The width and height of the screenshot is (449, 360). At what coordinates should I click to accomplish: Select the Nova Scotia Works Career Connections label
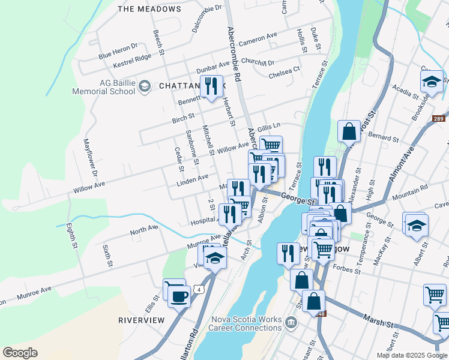[x=245, y=323]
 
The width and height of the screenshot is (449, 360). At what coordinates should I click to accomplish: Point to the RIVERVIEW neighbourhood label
[x=141, y=320]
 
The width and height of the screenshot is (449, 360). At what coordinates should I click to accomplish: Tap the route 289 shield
[x=439, y=119]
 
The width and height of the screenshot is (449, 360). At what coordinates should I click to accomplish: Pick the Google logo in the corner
[x=20, y=353]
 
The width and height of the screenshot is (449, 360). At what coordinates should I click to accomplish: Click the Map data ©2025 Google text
[x=411, y=355]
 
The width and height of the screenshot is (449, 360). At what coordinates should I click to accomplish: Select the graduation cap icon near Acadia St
[x=432, y=82]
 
